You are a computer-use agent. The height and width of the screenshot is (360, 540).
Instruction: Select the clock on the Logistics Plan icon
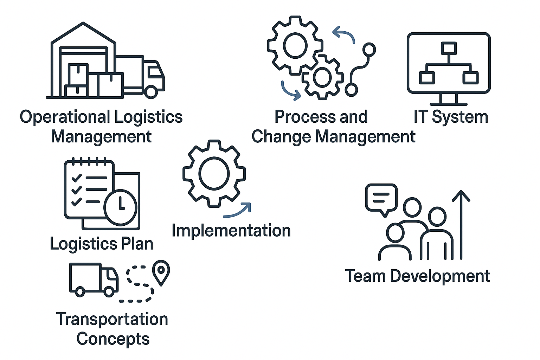[120, 207]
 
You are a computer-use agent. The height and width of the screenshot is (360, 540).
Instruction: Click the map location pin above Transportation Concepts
[161, 271]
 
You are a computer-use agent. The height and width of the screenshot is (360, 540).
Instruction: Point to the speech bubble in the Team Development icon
[381, 198]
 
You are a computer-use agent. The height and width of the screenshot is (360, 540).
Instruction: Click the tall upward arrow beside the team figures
[461, 225]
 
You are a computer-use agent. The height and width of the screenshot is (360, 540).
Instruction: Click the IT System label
[451, 117]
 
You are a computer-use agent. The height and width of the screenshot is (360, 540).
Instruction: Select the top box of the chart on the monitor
[449, 48]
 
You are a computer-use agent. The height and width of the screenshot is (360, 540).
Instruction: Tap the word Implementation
[231, 231]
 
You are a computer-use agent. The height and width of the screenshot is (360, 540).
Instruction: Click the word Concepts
[113, 339]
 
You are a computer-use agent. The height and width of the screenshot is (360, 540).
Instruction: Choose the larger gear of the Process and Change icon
[295, 46]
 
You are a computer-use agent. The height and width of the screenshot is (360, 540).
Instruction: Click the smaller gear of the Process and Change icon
[322, 77]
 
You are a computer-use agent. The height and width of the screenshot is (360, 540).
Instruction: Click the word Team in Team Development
[365, 276]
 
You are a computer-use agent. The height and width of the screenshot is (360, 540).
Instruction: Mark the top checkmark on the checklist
[76, 178]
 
